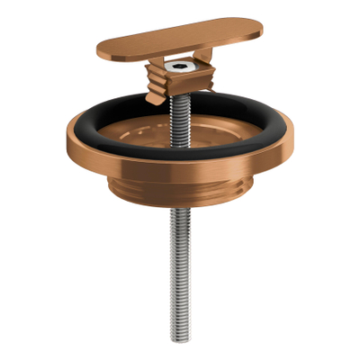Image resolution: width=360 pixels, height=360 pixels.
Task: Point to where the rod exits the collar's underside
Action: [x=179, y=221]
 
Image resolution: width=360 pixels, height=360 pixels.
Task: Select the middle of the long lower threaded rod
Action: [x=179, y=270]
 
